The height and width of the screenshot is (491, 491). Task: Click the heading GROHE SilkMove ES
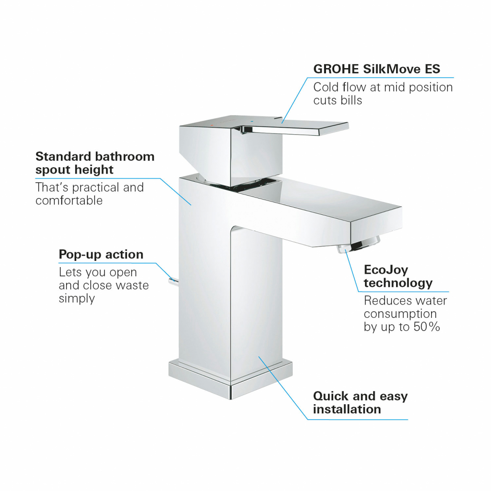[x=376, y=69]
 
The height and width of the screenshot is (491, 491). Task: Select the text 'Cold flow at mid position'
[x=383, y=87]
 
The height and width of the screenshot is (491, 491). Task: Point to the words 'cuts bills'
[x=338, y=100]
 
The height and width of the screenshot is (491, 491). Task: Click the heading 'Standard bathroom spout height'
[x=95, y=163]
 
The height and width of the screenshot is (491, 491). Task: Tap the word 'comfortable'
[x=69, y=200]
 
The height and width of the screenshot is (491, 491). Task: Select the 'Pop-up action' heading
[x=101, y=254]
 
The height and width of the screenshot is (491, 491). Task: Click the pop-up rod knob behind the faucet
[x=171, y=280]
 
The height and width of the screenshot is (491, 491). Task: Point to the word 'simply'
[x=77, y=298]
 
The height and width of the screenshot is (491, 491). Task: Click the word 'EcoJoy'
[x=386, y=269]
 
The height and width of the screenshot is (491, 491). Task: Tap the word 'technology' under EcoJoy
[x=397, y=283]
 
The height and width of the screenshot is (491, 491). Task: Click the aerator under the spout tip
[x=358, y=245]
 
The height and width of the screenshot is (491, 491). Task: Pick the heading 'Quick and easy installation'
[x=360, y=402]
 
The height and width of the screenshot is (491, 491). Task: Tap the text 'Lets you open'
[x=98, y=272]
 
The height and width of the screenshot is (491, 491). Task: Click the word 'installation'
[x=347, y=409]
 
